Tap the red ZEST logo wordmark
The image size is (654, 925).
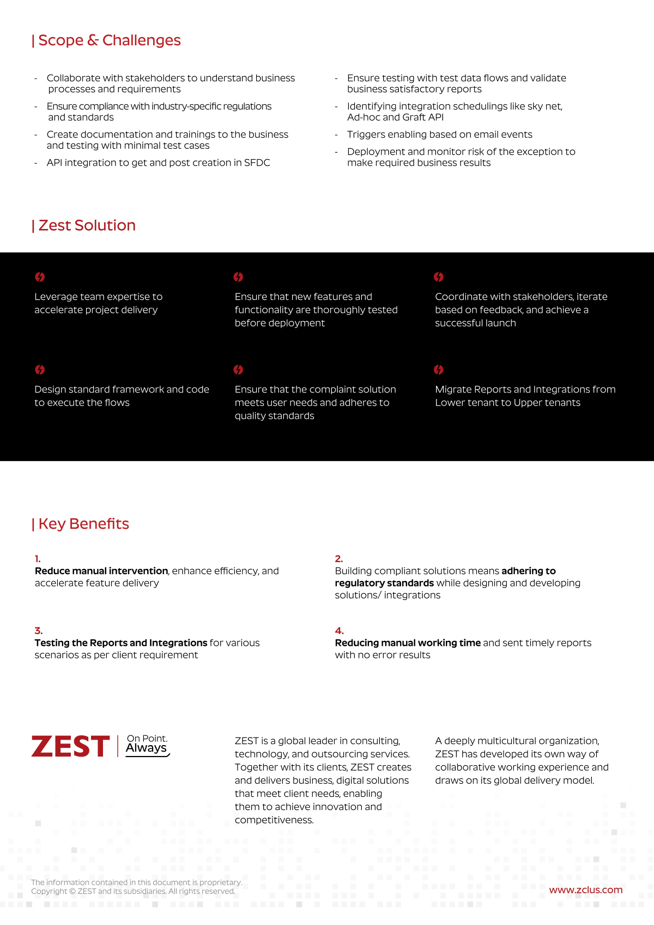(x=71, y=747)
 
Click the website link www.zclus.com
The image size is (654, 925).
(x=585, y=890)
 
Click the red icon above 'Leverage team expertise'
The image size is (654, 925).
(x=40, y=277)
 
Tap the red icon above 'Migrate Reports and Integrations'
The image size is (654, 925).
(x=438, y=370)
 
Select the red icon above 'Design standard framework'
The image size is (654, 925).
(x=40, y=370)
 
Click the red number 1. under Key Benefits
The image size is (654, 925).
(x=38, y=559)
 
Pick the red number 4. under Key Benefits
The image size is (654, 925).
(x=339, y=631)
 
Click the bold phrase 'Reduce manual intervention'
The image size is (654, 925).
(x=101, y=571)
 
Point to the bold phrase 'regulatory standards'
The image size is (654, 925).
(x=384, y=583)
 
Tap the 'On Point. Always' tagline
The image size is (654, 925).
(x=147, y=745)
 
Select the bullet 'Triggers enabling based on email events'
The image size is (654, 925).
(x=439, y=135)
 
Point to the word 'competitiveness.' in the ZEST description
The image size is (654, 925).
(x=274, y=820)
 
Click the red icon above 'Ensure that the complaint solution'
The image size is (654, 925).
(x=238, y=370)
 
